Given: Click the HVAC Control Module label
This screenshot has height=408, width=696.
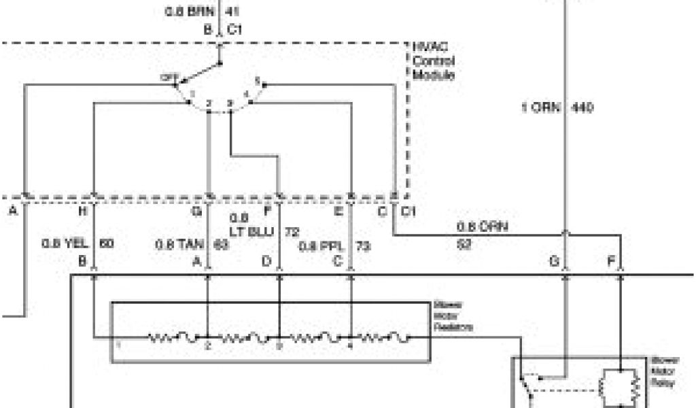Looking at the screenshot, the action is tap(433, 61).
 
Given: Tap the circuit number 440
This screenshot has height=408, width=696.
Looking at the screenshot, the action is tap(582, 107).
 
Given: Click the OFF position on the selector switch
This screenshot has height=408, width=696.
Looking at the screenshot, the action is tap(168, 78).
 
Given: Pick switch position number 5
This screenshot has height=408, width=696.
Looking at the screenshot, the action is tap(257, 80).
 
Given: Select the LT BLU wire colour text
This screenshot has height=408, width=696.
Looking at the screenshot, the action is tap(251, 232).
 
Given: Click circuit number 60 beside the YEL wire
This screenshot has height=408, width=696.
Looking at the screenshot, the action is tap(107, 243).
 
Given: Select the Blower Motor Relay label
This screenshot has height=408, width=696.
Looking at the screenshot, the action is tap(663, 371).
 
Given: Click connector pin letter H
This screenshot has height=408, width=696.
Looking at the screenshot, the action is tap(83, 211).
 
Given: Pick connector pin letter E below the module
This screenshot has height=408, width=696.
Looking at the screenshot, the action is tap(338, 211).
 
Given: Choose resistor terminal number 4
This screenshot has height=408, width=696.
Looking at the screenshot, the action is tap(351, 345).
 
